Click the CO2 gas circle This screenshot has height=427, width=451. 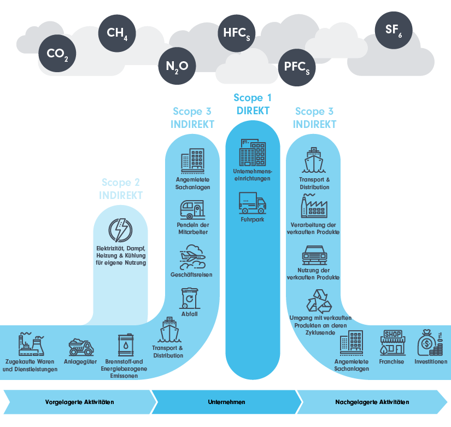click(x=57, y=54)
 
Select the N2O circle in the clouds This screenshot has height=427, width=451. click(x=177, y=66)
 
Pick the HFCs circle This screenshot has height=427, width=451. click(x=236, y=31)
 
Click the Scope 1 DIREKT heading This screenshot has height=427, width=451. click(x=253, y=104)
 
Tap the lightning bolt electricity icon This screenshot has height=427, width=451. click(x=121, y=231)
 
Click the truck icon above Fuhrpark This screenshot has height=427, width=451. click(x=253, y=203)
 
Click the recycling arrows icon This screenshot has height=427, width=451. click(x=318, y=301)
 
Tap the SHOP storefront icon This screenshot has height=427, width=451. click(x=393, y=342)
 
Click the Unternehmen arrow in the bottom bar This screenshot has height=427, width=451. click(x=226, y=402)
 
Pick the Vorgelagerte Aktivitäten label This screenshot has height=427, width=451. click(x=79, y=402)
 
